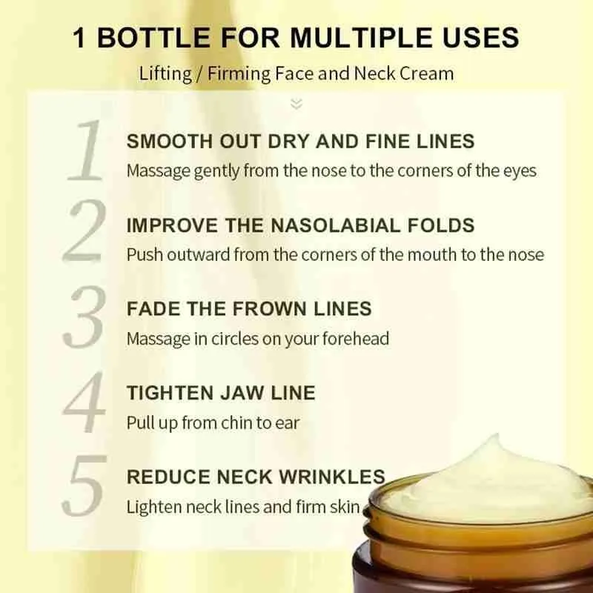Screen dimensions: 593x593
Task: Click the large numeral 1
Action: tap(85, 152)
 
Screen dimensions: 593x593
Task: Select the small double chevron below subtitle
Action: tap(296, 103)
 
